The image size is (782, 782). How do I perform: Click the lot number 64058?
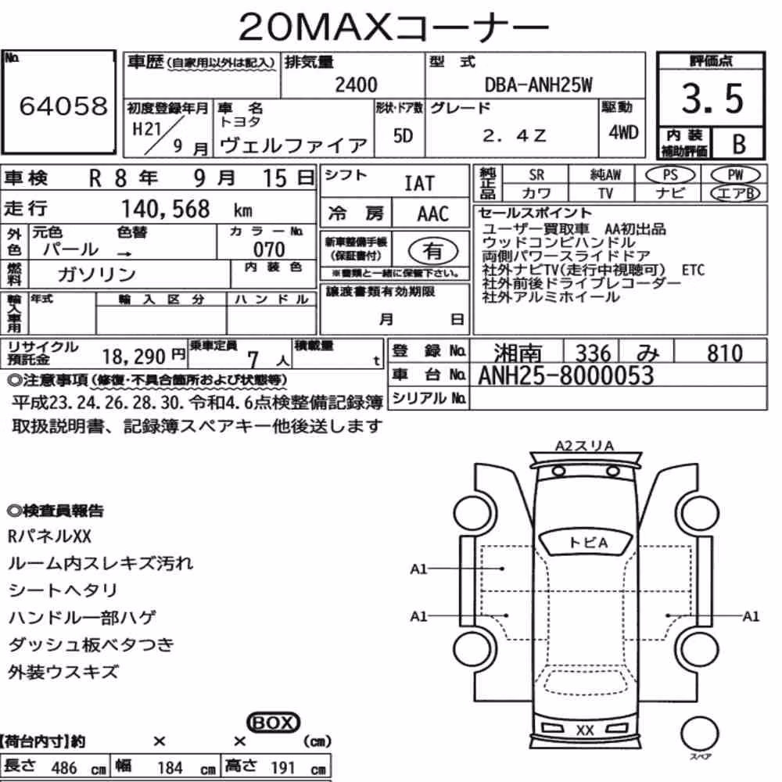tap(63, 106)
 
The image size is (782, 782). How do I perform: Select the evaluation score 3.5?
tap(712, 99)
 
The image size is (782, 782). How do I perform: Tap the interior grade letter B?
tap(739, 144)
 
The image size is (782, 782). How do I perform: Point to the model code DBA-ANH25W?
tap(539, 85)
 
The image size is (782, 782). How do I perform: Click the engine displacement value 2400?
tap(356, 84)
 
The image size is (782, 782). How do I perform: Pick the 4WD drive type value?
tap(623, 133)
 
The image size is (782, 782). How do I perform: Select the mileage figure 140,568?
tap(166, 209)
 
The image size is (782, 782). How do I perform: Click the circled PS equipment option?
tap(670, 174)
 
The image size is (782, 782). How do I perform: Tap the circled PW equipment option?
tap(735, 174)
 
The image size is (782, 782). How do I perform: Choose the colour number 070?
tap(269, 249)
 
